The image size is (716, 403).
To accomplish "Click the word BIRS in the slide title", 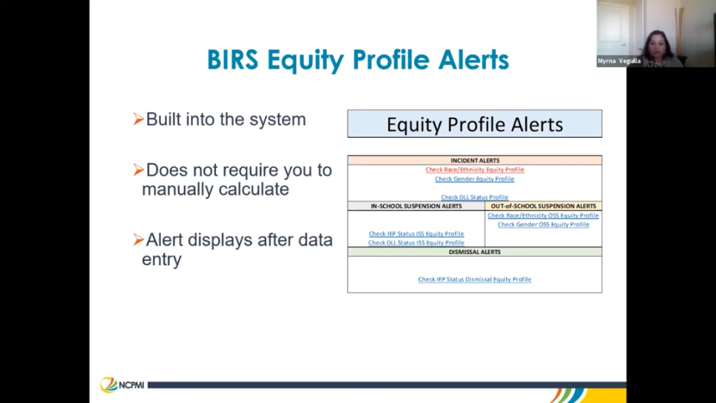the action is click(233, 60).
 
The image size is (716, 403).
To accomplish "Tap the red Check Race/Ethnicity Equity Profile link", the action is click(475, 169).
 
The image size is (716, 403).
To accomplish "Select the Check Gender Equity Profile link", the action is click(475, 178).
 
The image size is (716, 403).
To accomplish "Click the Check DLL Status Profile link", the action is click(475, 197).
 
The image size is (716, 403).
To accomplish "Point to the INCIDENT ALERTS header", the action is click(475, 160).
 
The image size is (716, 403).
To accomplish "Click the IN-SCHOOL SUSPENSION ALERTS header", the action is click(416, 206).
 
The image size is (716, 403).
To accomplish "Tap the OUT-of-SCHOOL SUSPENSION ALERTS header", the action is click(543, 206).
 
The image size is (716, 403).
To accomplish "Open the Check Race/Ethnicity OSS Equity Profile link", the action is click(543, 215).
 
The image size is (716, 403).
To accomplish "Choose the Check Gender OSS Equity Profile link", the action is click(543, 225).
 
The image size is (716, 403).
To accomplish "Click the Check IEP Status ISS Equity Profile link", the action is click(417, 234).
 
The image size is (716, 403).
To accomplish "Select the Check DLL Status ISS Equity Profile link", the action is click(416, 243).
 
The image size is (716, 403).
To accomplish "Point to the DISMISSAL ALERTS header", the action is click(475, 252).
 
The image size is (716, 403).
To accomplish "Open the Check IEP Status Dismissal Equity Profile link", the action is click(475, 279).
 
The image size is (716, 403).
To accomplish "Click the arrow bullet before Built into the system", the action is click(138, 119).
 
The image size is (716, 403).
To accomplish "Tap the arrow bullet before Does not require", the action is click(138, 170).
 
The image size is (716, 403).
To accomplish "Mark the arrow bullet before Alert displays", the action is click(138, 239).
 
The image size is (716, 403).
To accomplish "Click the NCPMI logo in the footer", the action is click(122, 385).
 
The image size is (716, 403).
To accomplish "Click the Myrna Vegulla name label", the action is click(620, 61).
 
